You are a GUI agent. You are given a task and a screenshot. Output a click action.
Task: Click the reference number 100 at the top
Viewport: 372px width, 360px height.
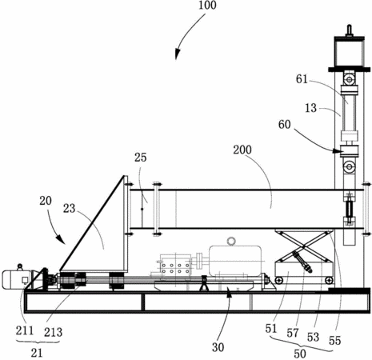207,5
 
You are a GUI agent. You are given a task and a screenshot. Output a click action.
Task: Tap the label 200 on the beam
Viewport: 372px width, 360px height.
242,150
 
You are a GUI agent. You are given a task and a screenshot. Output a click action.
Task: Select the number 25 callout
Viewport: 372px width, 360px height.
141,158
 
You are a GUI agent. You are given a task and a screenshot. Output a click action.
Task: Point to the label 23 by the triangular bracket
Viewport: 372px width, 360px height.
70,208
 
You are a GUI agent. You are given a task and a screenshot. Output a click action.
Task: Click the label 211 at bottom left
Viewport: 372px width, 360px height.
25,330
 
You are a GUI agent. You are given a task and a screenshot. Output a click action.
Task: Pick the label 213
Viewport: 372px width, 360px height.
54,332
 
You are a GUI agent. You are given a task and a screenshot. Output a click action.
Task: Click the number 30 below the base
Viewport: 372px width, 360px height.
218,347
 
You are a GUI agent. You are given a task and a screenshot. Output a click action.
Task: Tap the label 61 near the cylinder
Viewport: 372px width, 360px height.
302,79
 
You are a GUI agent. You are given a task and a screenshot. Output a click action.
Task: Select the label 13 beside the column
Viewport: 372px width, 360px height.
310,108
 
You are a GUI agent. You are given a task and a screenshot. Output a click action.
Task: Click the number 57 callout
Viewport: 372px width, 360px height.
293,333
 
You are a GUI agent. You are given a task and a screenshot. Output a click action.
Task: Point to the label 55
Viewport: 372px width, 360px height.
335,341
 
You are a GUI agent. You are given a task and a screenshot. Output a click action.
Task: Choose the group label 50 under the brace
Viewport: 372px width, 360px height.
300,354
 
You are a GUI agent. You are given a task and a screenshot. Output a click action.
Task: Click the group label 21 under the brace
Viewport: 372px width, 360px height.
37,353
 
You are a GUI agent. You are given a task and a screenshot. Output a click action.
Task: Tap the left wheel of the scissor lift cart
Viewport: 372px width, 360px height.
279,280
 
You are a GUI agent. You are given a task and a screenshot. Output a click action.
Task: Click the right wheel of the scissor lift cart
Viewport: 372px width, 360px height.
330,280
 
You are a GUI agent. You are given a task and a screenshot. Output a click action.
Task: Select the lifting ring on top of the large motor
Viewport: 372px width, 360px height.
231,241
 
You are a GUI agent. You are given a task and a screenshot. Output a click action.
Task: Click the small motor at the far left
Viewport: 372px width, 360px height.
17,279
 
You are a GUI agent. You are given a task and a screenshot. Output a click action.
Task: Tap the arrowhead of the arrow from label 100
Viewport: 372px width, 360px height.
177,55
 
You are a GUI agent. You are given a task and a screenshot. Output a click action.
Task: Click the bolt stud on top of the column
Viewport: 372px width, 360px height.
350,30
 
